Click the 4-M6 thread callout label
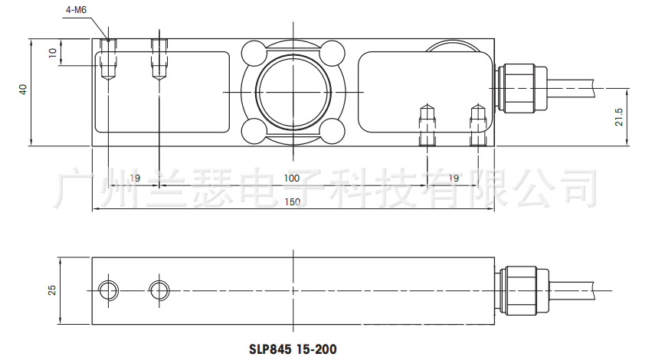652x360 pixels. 74,10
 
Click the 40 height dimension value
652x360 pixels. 23,90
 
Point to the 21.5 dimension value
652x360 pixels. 620,117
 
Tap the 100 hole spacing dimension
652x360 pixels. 291,178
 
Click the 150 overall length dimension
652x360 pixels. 291,202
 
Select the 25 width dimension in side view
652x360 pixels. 52,290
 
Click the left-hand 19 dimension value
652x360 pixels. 134,178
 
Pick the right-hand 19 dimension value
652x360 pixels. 453,178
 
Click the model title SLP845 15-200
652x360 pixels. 293,349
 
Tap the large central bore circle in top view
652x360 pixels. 292,91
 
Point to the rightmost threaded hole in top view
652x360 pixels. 477,125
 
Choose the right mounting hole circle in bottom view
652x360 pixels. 159,290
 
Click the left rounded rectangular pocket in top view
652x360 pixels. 162,91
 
